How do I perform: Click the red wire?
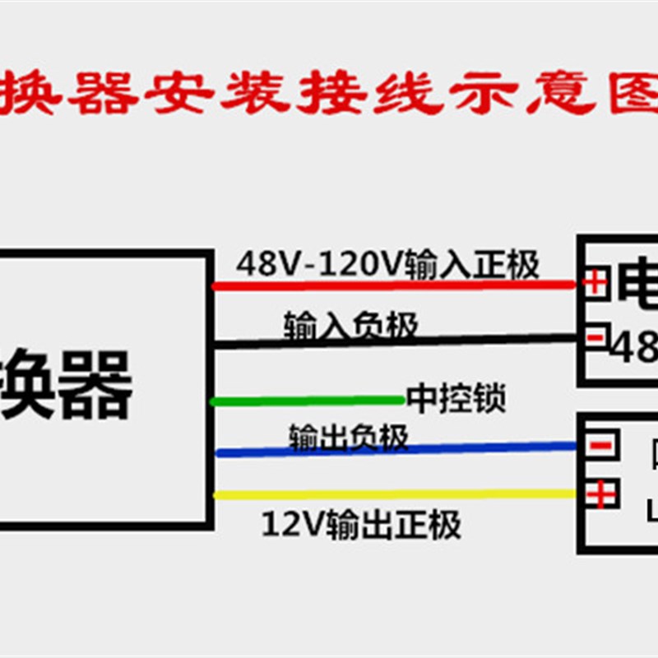pyautogui.click(x=395, y=285)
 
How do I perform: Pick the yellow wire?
pyautogui.click(x=395, y=494)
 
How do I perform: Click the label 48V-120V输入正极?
pyautogui.click(x=387, y=265)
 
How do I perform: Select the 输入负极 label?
pyautogui.click(x=350, y=326)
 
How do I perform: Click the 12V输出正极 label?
pyautogui.click(x=361, y=524)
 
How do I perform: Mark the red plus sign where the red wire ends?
pyautogui.click(x=595, y=284)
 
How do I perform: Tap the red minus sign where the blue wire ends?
pyautogui.click(x=600, y=446)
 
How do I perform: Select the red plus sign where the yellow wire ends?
pyautogui.click(x=600, y=494)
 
